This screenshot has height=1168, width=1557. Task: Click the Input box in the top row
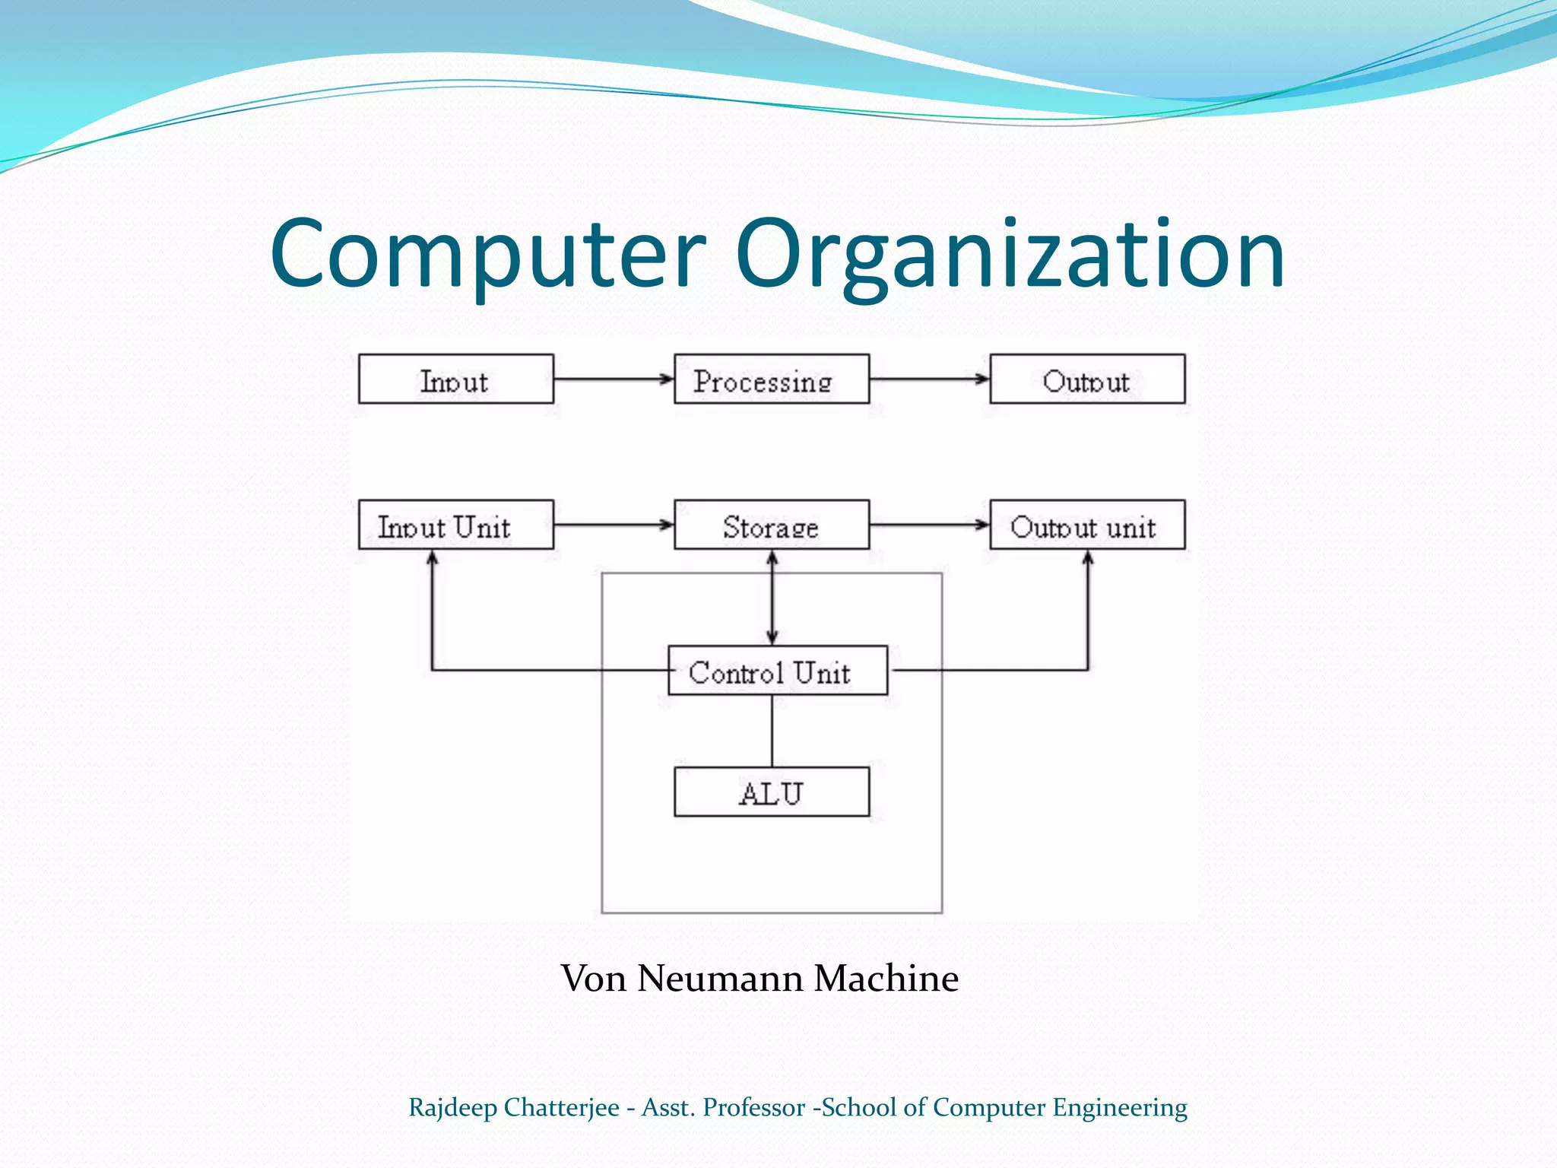[x=455, y=379]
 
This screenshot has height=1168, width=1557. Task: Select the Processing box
[x=771, y=379]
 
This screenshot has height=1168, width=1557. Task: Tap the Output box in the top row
[x=1086, y=379]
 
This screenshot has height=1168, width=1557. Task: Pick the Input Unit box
[x=455, y=525]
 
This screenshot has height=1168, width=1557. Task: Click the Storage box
[x=771, y=525]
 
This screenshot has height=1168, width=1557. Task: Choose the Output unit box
[x=1086, y=525]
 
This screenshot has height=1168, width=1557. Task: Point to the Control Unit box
[x=777, y=671]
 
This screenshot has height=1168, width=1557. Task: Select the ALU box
[x=771, y=792]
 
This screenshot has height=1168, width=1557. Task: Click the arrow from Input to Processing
[x=613, y=379]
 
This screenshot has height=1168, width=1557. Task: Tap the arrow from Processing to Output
[x=928, y=379]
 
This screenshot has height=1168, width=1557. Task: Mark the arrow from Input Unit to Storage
[x=613, y=525]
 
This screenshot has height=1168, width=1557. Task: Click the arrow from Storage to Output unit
[x=928, y=525]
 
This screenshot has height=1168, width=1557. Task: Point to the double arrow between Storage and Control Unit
[x=772, y=598]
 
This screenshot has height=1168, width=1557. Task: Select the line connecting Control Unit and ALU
[x=772, y=731]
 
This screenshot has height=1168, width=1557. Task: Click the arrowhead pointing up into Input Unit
[x=432, y=557]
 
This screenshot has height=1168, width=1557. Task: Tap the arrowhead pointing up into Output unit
[x=1087, y=557]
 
